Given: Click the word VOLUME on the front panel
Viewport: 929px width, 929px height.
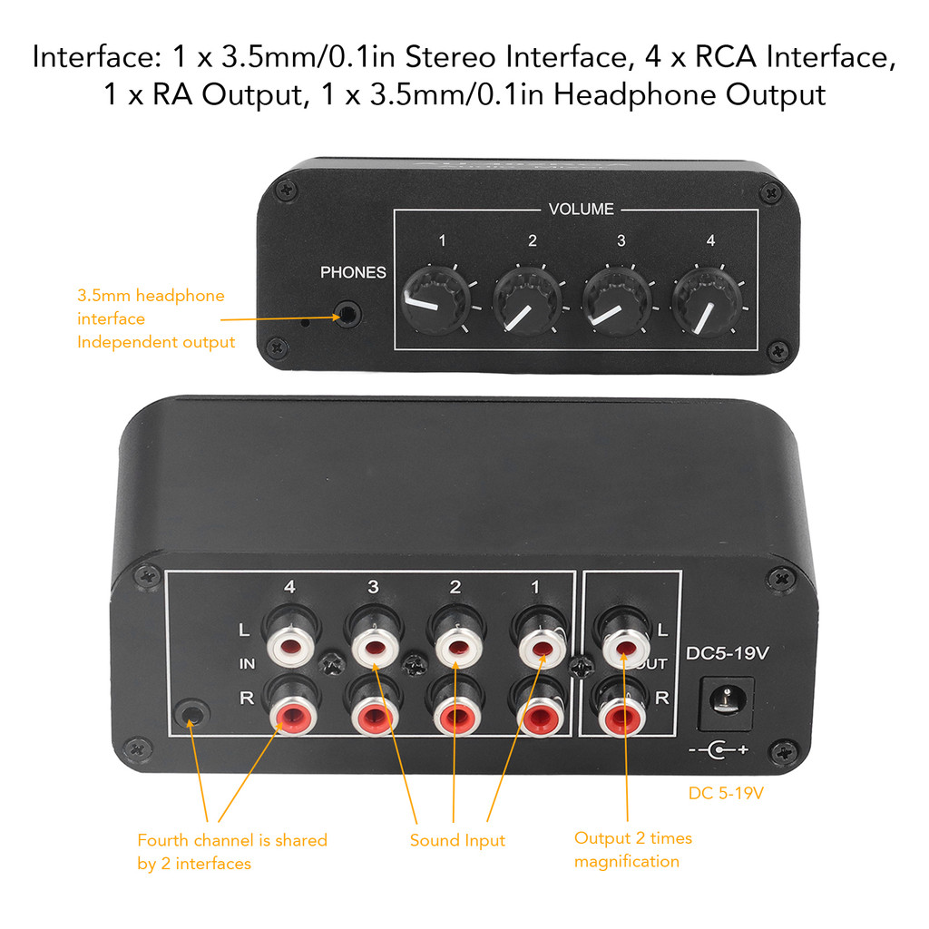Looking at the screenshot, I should (582, 210).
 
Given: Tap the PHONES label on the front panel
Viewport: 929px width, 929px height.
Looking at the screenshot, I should (353, 272).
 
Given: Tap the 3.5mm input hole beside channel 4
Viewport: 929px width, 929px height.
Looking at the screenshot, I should (191, 713).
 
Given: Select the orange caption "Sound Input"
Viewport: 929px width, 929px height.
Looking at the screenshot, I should (457, 840).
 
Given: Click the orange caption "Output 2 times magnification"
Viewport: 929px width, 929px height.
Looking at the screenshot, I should (632, 849).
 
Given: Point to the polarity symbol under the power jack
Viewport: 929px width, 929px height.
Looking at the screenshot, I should (719, 750).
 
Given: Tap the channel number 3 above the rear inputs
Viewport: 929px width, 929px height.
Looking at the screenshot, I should (373, 588).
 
